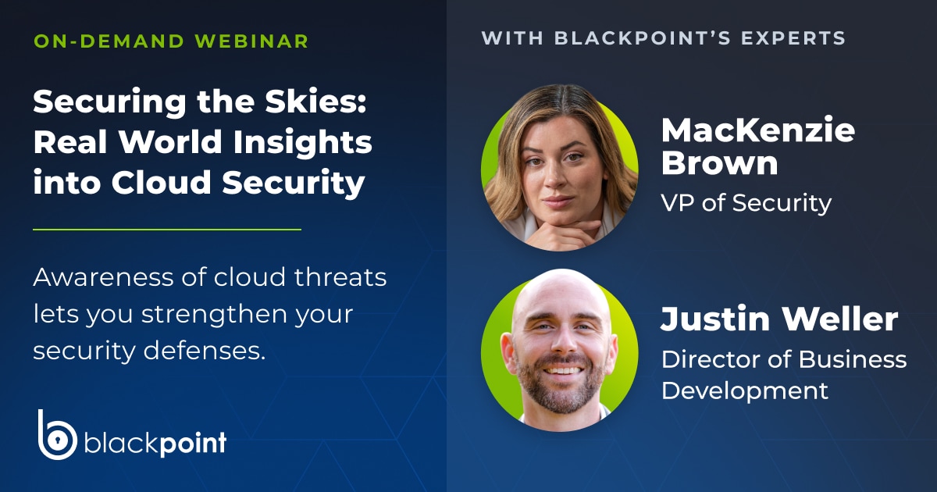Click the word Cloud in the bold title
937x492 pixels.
[159, 183]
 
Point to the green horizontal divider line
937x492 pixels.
[166, 230]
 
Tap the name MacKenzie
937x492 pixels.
[757, 130]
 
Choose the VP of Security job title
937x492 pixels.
[746, 203]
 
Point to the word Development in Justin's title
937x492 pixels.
[744, 390]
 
